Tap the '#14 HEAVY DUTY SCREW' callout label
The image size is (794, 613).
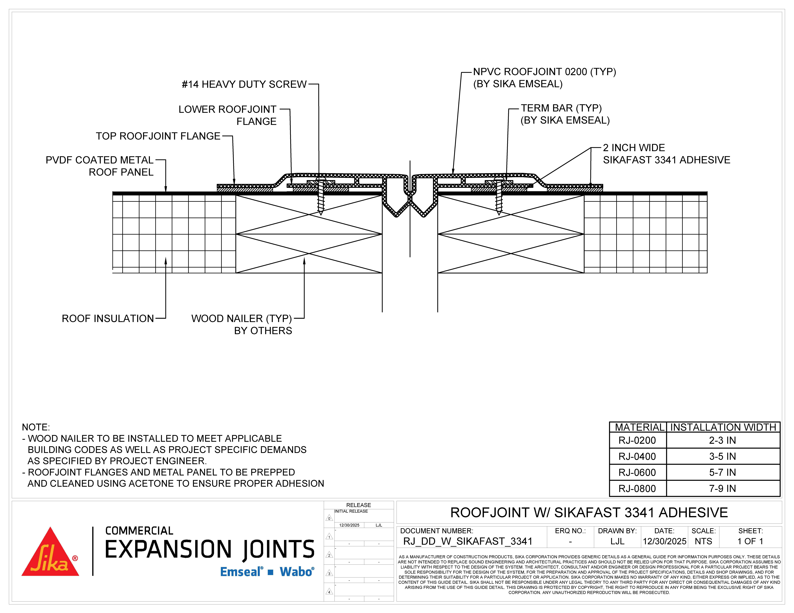point(244,84)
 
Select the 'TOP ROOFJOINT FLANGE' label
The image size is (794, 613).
point(158,136)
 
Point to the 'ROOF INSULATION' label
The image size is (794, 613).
point(108,319)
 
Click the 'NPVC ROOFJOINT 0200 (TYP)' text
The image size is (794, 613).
point(544,72)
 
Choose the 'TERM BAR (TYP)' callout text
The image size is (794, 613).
point(561,108)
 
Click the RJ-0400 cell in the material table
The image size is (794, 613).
point(637,456)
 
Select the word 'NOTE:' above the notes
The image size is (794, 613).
point(36,427)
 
